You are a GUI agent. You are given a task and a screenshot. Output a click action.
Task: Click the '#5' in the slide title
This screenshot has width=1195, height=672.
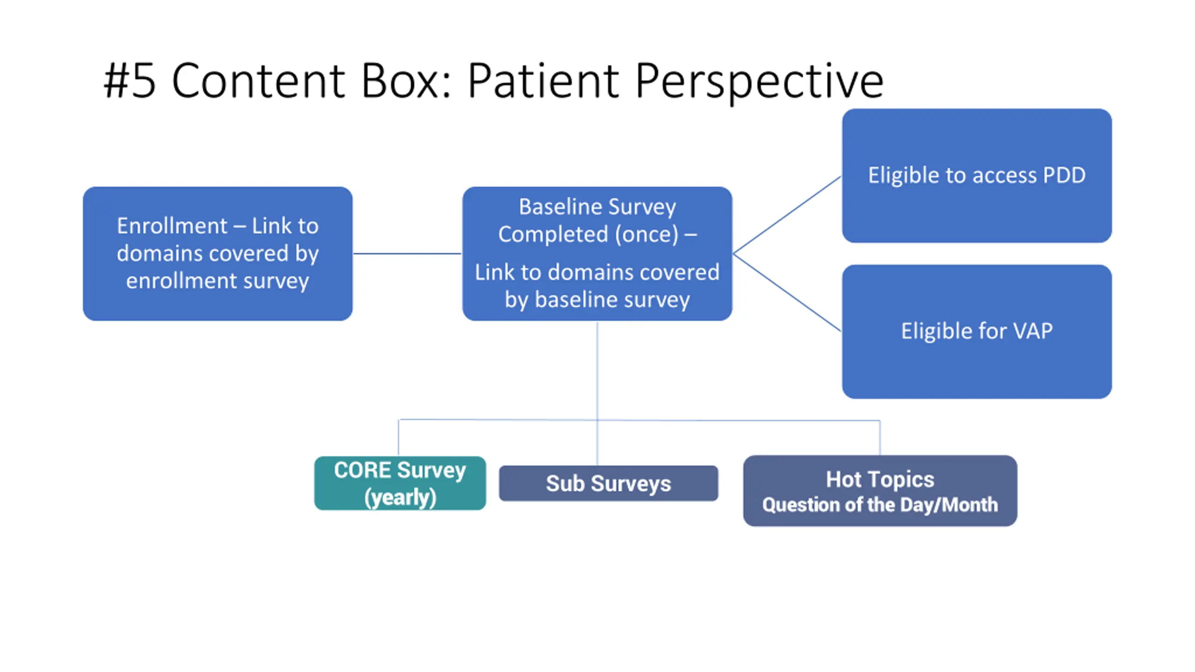[x=129, y=81]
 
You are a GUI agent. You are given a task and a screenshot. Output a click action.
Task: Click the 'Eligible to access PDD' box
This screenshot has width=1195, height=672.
[x=977, y=175]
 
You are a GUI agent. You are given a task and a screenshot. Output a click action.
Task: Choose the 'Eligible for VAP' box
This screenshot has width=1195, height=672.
[x=977, y=331]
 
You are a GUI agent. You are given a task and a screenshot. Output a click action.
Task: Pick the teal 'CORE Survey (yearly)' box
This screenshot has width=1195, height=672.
[x=400, y=483]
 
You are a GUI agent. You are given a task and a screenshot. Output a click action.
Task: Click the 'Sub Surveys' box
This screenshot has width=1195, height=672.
[x=608, y=483]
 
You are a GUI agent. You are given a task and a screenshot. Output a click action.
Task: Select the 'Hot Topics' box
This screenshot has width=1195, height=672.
[x=880, y=490]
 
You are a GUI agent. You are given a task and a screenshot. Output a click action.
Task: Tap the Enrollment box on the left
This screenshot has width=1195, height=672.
[x=218, y=253]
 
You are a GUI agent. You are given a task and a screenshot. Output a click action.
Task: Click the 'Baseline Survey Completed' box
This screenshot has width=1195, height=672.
[x=597, y=253]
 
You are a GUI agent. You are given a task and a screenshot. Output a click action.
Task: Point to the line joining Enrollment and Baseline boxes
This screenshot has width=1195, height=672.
[x=407, y=253]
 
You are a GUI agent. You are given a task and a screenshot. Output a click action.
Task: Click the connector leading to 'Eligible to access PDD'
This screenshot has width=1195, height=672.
[x=787, y=215]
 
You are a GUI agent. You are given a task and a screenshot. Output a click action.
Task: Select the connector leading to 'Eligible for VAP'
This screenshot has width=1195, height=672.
[x=787, y=293]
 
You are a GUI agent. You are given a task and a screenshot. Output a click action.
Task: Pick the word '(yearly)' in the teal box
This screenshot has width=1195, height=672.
[x=400, y=497]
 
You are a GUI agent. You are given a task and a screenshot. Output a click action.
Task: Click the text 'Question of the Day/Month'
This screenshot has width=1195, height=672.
[x=880, y=505]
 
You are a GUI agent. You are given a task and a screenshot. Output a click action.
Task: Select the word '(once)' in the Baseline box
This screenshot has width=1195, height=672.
[x=646, y=234]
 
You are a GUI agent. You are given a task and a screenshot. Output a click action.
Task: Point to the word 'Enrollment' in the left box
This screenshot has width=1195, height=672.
[x=172, y=226]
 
